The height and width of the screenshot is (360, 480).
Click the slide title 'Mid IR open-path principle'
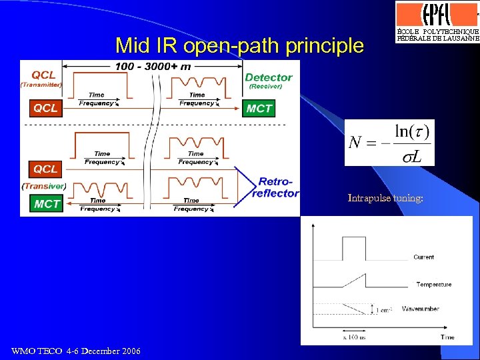pos(239,46)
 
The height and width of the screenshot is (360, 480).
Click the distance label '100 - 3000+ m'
pos(153,66)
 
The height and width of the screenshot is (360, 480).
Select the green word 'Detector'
pos(269,77)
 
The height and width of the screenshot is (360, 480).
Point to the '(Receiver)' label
pos(265,87)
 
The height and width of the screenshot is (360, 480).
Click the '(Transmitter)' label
pos(41,85)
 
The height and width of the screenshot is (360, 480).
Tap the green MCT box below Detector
pos(259,108)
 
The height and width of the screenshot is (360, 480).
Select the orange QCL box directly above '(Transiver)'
pos(46,169)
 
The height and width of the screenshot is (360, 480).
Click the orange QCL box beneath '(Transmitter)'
pos(46,107)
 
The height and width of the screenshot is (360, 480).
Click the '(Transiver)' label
pos(44,186)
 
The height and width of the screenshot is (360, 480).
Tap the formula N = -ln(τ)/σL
pos(389,142)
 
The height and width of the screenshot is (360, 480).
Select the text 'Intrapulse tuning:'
pos(385,198)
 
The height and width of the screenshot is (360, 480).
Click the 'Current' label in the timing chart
pos(423,257)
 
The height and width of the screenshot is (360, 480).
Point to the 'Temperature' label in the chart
pos(433,285)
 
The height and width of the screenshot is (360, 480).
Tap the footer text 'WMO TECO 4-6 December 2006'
pos(76,351)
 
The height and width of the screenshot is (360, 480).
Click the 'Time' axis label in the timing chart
pos(447,337)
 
